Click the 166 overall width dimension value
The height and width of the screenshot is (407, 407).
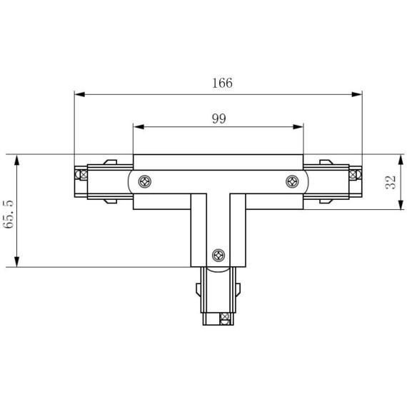coord(222,83)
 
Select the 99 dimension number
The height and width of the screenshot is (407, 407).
coord(218,119)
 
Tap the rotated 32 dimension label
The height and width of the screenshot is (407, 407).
coord(390,182)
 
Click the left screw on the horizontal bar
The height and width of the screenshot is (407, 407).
coord(145,181)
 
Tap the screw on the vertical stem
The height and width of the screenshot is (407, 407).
coord(219,253)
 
